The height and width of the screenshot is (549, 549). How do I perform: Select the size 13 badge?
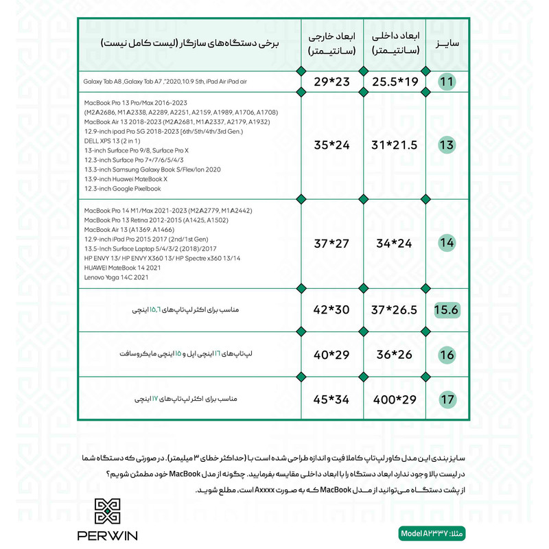click(447, 145)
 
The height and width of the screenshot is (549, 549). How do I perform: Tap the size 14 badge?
click(447, 242)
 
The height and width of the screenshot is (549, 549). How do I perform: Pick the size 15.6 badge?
click(447, 310)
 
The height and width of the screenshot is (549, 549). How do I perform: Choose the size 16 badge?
click(447, 355)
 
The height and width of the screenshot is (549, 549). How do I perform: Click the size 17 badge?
click(447, 399)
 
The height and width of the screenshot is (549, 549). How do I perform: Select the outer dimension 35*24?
click(333, 145)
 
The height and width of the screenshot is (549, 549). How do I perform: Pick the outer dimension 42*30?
click(333, 310)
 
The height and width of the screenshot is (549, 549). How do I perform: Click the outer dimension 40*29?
click(333, 355)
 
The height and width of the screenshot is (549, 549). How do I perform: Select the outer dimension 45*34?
click(333, 399)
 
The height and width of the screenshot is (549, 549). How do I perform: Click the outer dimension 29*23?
click(333, 82)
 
